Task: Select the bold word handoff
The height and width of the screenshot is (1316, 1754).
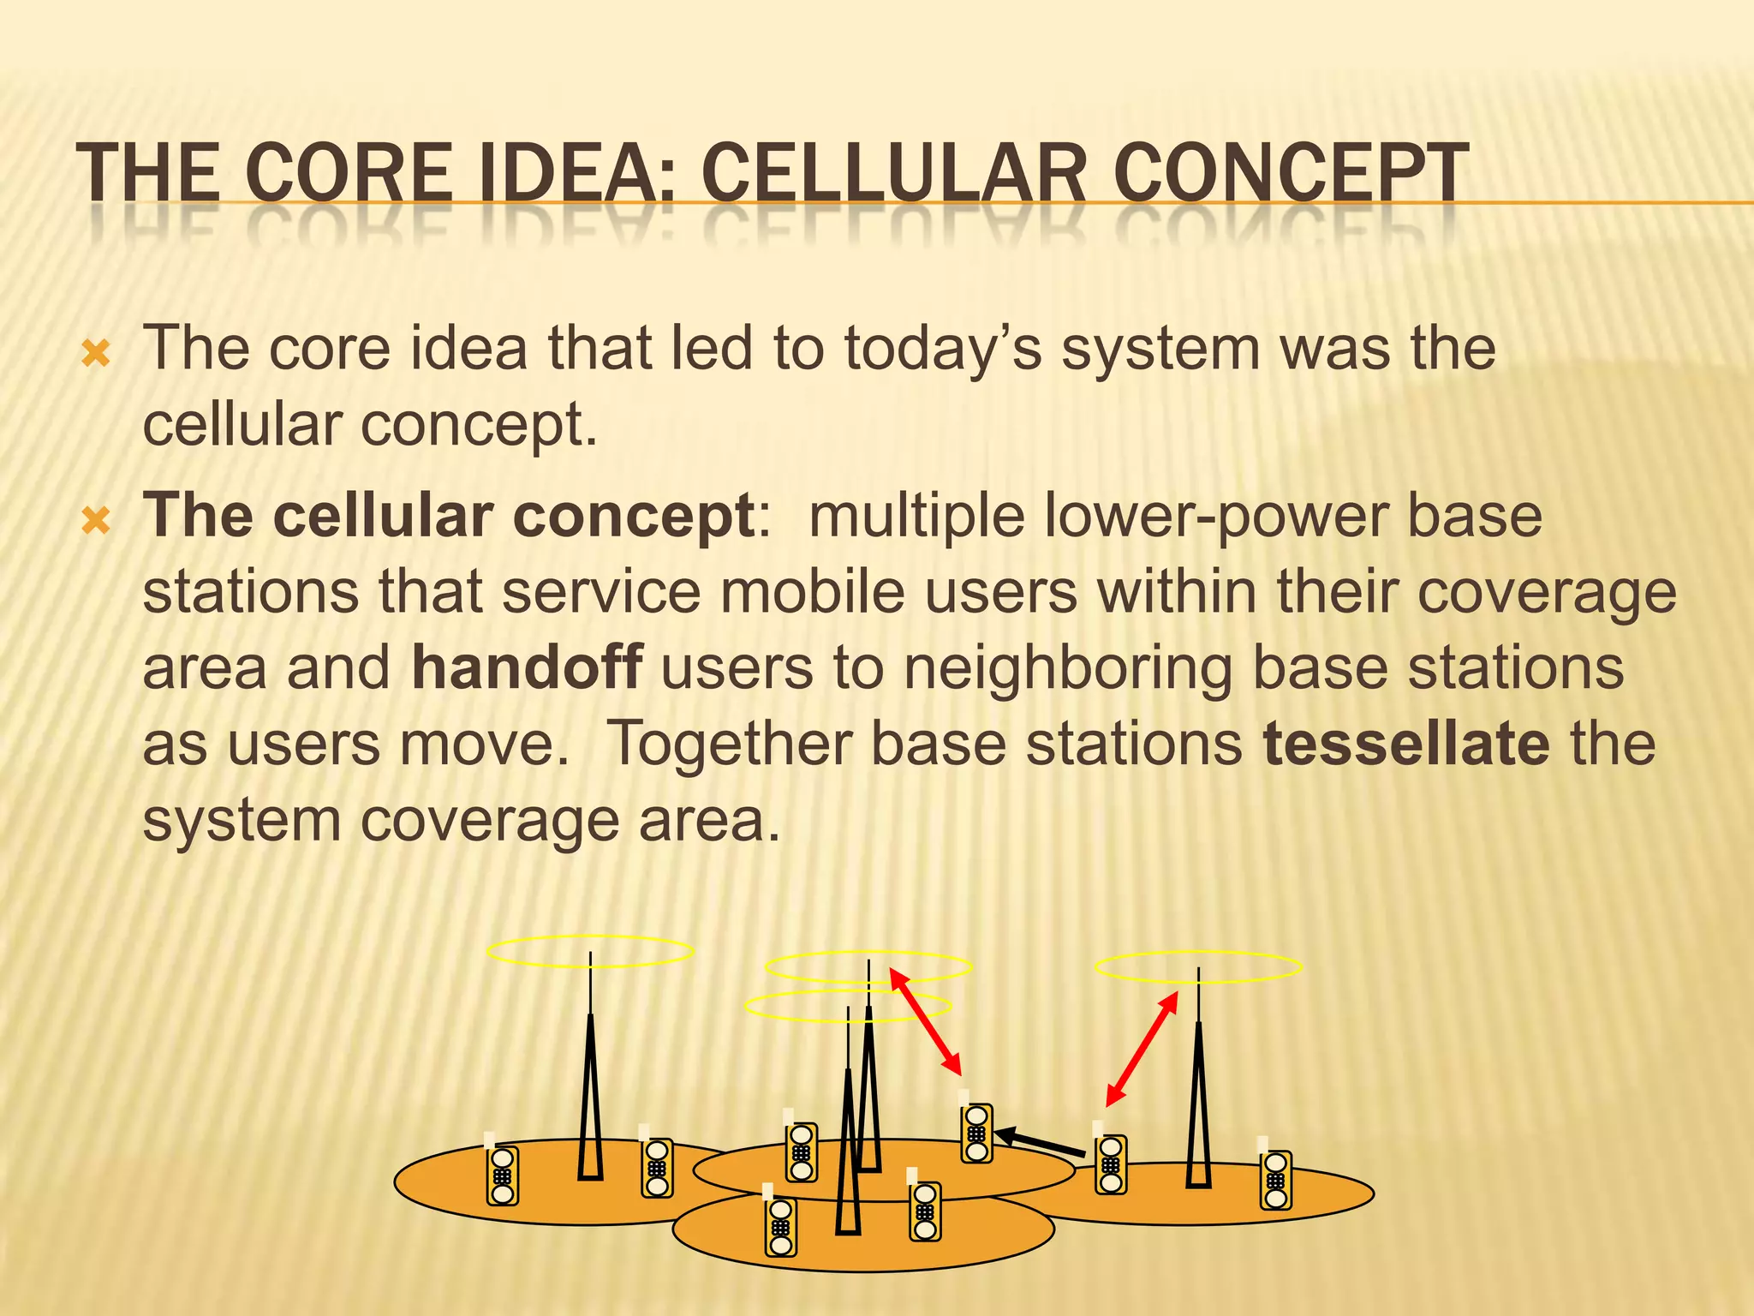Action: tap(527, 667)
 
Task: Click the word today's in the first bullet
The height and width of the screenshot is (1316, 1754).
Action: tap(943, 349)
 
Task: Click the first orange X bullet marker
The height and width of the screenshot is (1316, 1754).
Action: tap(96, 354)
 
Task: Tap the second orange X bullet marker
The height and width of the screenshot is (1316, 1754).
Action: tap(96, 520)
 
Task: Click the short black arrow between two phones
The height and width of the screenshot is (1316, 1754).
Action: tap(1040, 1142)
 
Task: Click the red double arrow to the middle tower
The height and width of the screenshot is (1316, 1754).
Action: tap(926, 1021)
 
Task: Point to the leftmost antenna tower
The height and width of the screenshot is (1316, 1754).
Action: tap(590, 1097)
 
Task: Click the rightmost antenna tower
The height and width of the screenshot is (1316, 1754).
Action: tap(1198, 1105)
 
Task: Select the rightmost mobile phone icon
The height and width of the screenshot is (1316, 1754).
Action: tap(1275, 1180)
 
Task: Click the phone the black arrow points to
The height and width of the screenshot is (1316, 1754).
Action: tap(976, 1133)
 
